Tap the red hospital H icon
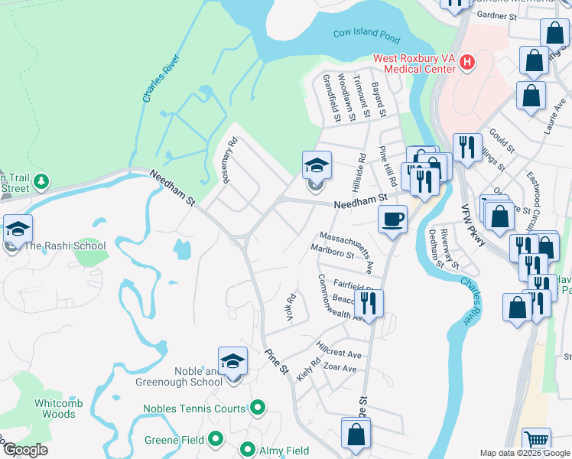click(x=467, y=62)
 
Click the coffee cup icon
click(x=393, y=220)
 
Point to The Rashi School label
click(x=64, y=246)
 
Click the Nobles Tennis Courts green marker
click(x=258, y=409)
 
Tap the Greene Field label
click(x=175, y=440)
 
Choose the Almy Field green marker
click(x=248, y=450)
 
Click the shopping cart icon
click(x=536, y=441)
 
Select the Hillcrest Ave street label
click(x=339, y=355)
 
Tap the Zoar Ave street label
click(x=339, y=369)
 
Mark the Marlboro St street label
click(x=333, y=251)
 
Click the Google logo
click(x=24, y=450)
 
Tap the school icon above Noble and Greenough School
click(x=232, y=362)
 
